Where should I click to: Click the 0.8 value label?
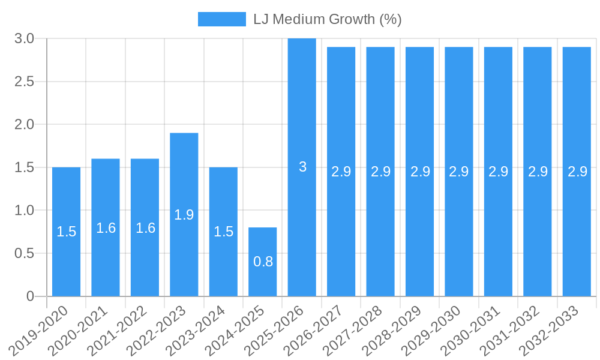pos(263,262)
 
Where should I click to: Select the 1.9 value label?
pos(184,215)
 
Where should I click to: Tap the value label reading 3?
pos(302,167)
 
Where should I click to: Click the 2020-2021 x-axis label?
pos(78,329)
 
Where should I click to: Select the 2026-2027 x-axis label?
pos(314,329)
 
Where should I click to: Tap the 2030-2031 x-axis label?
pos(471,329)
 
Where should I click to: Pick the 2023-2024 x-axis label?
pos(196,329)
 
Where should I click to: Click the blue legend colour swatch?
pos(221,19)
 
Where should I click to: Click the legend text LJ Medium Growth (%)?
pos(327,19)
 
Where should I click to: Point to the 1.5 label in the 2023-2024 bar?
pos(223,232)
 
